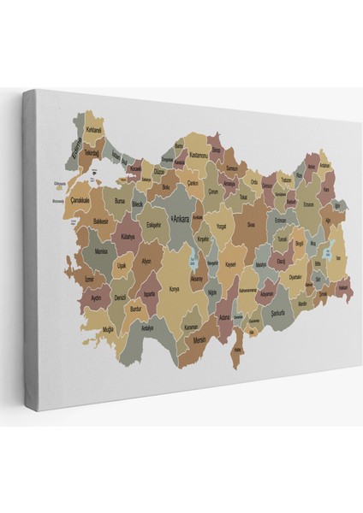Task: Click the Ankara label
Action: pos(182,219)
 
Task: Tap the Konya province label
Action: pos(175,289)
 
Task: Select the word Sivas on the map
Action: pos(251,224)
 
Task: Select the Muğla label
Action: pos(107,328)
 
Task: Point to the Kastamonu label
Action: pos(199,155)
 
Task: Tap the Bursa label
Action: pos(120,202)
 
